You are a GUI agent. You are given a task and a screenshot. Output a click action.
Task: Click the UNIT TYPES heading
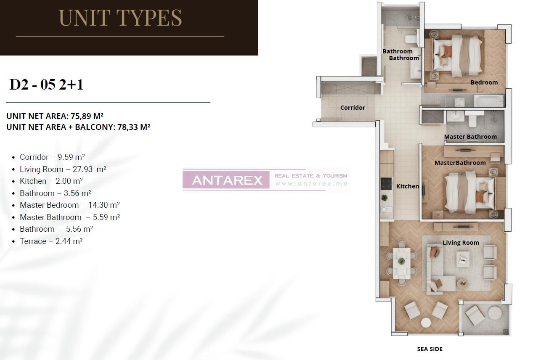(x=120, y=18)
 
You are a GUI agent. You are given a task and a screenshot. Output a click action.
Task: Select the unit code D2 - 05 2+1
(x=46, y=85)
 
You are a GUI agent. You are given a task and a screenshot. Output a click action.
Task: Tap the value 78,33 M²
(x=132, y=127)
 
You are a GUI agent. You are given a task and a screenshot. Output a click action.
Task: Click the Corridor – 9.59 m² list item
(x=52, y=157)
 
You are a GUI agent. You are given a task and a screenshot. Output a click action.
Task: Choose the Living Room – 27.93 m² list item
(x=63, y=169)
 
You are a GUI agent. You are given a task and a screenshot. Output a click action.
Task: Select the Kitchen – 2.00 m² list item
(x=51, y=181)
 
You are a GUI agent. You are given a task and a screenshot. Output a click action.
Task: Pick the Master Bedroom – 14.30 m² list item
(x=69, y=205)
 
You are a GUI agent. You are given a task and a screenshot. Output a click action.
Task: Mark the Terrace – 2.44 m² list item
(x=51, y=241)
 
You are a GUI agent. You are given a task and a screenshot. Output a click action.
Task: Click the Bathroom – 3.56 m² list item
(x=55, y=193)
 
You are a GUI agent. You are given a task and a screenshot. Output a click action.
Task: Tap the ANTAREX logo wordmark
(x=227, y=180)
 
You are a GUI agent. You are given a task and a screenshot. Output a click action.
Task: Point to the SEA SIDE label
(x=430, y=349)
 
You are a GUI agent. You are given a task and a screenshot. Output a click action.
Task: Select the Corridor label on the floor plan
(x=353, y=108)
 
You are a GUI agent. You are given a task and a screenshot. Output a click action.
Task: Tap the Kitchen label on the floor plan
(x=407, y=186)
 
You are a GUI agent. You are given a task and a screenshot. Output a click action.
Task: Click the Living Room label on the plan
(x=461, y=243)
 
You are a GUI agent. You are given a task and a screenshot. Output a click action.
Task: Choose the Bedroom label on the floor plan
(x=484, y=82)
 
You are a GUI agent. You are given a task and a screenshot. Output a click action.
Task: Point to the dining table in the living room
(x=401, y=262)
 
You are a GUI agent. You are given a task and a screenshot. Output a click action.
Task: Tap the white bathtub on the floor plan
(x=488, y=101)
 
